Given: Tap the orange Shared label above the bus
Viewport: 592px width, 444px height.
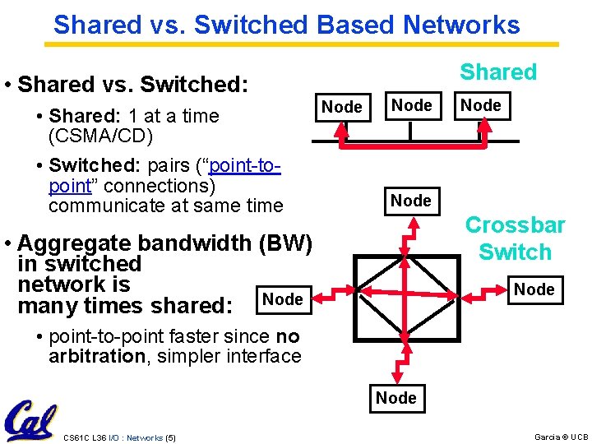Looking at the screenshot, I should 497,72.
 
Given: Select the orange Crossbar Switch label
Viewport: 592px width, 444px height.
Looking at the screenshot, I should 515,238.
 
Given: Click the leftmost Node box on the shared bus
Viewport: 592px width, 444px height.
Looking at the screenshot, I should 342,107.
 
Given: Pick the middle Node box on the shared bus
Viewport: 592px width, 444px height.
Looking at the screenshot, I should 411,105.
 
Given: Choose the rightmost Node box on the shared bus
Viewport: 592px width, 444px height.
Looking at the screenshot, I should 481,105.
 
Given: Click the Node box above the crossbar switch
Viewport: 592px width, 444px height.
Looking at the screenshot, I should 411,201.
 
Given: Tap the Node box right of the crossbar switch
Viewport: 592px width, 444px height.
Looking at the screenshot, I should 534,289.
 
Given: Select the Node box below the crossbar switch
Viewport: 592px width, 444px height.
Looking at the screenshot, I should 395,398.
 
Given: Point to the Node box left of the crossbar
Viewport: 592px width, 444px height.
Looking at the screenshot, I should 283,299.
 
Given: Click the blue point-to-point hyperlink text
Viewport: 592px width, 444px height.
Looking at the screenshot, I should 164,177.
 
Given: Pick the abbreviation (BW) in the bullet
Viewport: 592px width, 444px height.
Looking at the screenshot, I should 284,243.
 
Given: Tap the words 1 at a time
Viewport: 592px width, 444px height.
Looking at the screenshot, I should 180,116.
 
